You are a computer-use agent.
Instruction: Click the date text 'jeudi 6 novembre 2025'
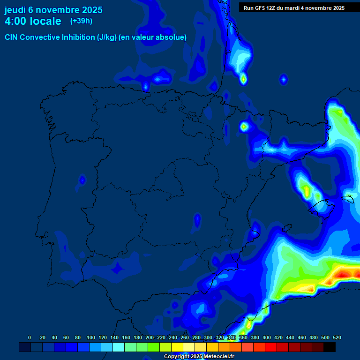pos(53,10)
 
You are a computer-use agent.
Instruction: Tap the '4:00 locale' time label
pos(33,21)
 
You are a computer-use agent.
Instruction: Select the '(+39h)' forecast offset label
pos(81,21)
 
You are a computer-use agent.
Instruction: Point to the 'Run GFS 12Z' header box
pos(294,7)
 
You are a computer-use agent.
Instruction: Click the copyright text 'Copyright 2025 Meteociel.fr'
pos(199,357)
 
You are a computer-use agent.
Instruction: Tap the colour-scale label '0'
pos(30,337)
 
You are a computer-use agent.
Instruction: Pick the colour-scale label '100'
pos(91,337)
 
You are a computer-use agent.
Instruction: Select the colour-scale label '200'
pos(150,337)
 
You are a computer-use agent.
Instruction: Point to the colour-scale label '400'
pos(267,337)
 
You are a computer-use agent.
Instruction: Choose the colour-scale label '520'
pos(337,337)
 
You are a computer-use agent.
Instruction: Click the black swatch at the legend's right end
pos(330,347)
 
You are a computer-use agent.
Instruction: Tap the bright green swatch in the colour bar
pos(154,347)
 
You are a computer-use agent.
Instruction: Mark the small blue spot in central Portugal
pos(82,180)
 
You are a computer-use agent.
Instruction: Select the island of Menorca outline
pos(347,199)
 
